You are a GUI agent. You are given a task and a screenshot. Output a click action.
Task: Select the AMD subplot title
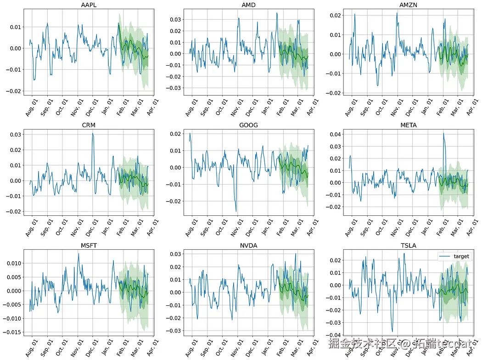(x=248, y=5)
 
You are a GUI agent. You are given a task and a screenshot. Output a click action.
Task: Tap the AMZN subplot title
(x=408, y=5)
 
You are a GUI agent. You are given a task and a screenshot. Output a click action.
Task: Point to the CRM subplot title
(x=89, y=125)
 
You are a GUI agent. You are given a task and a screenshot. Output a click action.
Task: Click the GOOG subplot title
(x=248, y=125)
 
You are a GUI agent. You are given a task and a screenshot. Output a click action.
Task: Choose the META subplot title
(x=408, y=125)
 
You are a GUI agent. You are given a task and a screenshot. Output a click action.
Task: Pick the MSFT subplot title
(x=89, y=245)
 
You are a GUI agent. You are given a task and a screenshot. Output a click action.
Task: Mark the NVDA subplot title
(x=248, y=245)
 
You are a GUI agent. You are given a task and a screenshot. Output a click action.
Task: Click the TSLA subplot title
(x=408, y=245)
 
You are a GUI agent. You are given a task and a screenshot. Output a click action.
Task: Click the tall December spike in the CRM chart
(x=93, y=134)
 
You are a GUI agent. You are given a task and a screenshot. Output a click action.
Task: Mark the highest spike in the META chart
(x=443, y=134)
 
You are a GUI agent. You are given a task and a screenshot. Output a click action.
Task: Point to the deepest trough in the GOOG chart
(x=236, y=211)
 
